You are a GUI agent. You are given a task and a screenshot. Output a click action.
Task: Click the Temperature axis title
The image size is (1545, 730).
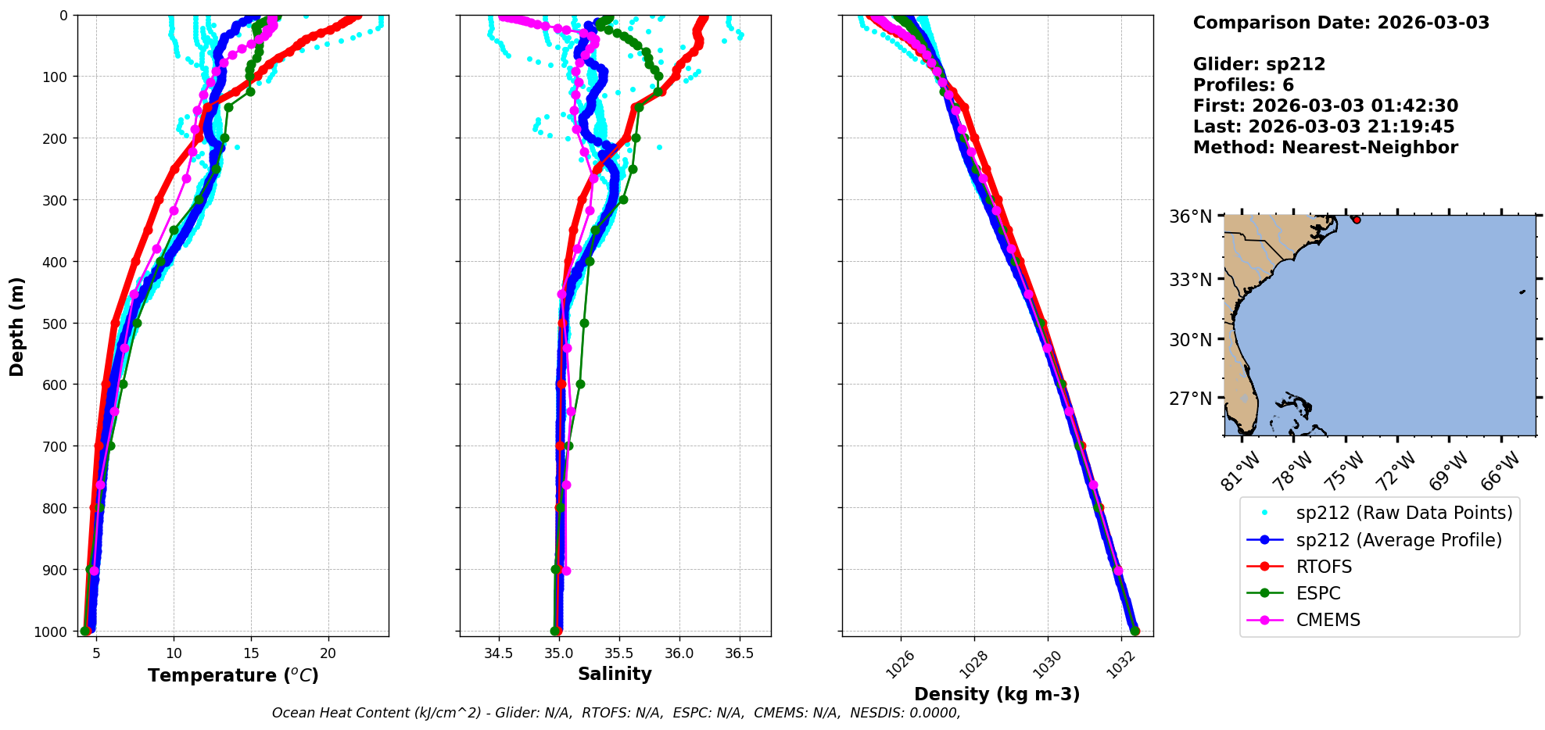tap(233, 675)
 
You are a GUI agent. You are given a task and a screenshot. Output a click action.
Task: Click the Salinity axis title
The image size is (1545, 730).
tap(615, 674)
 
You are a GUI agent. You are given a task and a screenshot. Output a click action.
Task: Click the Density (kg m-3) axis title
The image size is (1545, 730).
tap(997, 694)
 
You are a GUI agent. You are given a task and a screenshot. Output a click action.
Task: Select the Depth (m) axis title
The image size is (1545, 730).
tap(17, 326)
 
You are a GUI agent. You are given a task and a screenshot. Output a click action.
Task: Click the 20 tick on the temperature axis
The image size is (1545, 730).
tap(328, 653)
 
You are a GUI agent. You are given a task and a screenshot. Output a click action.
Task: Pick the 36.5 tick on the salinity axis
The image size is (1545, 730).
tap(739, 653)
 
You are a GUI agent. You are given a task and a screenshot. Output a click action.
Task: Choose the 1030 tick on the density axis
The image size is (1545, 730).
tap(1045, 664)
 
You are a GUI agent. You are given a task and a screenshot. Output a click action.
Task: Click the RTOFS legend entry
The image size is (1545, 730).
tap(1324, 567)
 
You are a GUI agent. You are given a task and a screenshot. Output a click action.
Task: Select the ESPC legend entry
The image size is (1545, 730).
tap(1318, 593)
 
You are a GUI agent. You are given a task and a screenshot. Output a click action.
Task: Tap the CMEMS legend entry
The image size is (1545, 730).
tap(1328, 620)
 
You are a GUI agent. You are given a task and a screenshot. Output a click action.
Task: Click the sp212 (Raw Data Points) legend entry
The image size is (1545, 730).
tap(1403, 513)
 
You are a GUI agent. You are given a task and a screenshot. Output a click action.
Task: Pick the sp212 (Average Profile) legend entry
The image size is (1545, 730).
tap(1399, 540)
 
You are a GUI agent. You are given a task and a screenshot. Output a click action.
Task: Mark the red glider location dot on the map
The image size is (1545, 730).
tap(1357, 220)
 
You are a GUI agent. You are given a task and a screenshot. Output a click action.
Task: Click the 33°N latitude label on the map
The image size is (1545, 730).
tap(1190, 279)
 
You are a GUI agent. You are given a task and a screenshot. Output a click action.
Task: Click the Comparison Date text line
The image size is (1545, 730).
tap(1341, 23)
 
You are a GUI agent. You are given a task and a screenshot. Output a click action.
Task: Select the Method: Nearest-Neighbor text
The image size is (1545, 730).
tap(1325, 148)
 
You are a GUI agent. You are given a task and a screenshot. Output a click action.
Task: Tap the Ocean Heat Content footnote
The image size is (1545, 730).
tap(615, 713)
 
